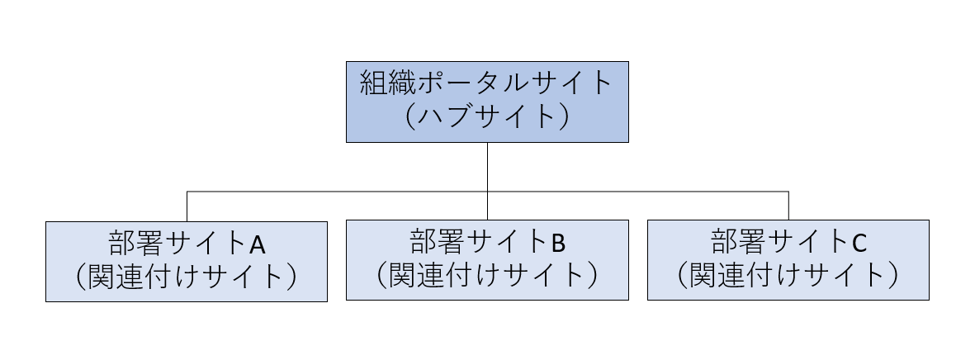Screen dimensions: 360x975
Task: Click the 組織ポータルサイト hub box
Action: [x=487, y=102]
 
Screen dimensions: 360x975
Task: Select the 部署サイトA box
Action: [x=187, y=261]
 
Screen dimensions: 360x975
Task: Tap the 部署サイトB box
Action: [x=487, y=259]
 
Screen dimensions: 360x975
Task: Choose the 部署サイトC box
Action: [x=788, y=259]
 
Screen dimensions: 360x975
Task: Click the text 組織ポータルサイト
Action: [x=487, y=85]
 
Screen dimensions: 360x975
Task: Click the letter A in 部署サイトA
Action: [x=257, y=244]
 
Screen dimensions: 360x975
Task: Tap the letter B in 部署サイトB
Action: [x=558, y=243]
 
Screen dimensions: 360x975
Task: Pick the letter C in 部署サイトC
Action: [x=859, y=243]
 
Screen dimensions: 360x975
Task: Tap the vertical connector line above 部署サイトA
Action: [x=187, y=206]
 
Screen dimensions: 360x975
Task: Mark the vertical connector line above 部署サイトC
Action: [x=788, y=206]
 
